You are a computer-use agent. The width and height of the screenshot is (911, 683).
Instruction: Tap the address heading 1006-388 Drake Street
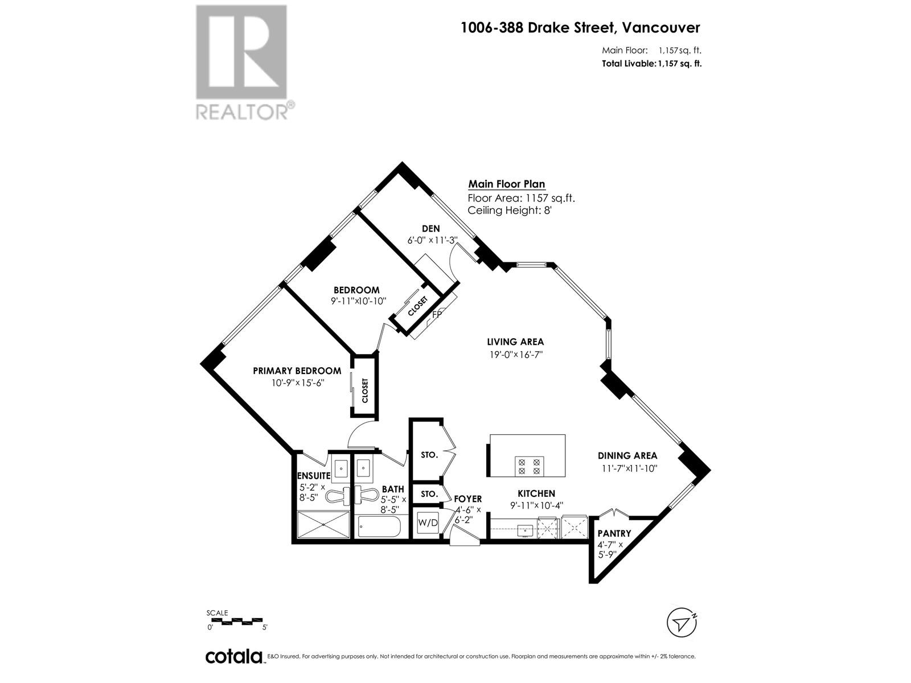click(x=580, y=27)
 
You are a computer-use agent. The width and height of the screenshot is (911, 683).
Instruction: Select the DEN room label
click(x=431, y=228)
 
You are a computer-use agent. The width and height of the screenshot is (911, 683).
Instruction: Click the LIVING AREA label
click(x=515, y=342)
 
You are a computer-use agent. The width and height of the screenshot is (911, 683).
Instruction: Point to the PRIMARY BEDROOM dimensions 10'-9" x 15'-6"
click(x=298, y=383)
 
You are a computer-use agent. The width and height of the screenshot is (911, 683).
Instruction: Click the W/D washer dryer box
click(x=428, y=522)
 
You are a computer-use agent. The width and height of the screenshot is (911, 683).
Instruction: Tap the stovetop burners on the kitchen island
click(x=529, y=466)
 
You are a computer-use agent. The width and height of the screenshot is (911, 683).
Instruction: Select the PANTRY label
click(x=614, y=533)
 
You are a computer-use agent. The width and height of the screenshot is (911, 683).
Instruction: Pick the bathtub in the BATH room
click(x=379, y=526)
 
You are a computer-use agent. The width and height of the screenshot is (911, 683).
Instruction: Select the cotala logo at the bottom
click(x=233, y=656)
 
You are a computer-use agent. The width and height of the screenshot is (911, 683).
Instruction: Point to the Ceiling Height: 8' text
click(x=510, y=210)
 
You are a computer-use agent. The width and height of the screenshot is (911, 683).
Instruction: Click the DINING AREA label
click(x=627, y=455)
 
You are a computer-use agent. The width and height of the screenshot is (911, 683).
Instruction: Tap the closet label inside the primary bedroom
click(x=365, y=390)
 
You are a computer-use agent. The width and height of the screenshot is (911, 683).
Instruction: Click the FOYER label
click(x=467, y=499)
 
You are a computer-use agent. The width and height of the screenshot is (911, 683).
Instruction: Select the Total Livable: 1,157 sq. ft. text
click(x=651, y=64)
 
